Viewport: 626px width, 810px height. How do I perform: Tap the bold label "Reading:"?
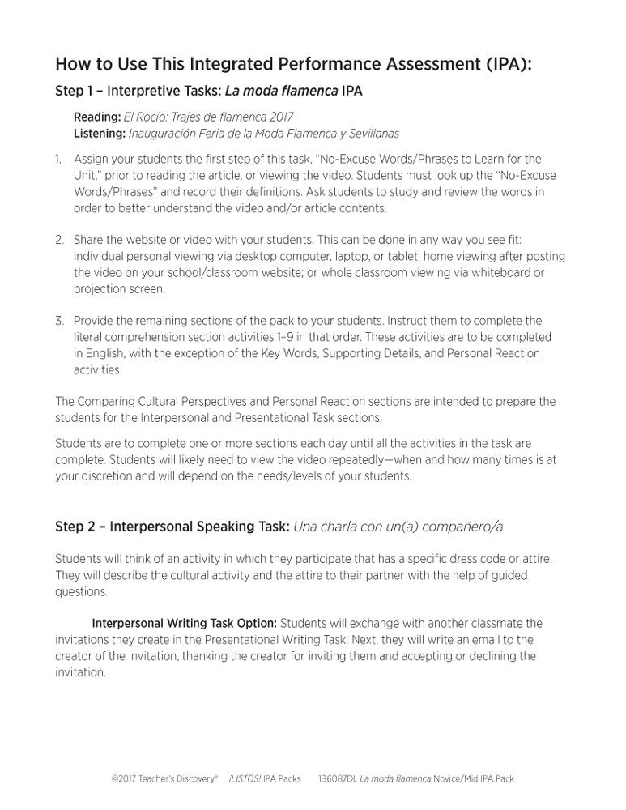97,117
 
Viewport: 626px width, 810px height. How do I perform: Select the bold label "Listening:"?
100,133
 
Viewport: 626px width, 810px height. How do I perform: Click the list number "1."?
59,159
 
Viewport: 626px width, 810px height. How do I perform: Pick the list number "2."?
60,241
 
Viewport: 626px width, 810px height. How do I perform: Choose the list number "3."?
60,321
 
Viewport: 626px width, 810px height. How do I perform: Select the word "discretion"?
106,476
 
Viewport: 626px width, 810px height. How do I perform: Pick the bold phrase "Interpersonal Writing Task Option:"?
185,623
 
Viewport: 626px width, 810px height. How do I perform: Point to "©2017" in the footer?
124,779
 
